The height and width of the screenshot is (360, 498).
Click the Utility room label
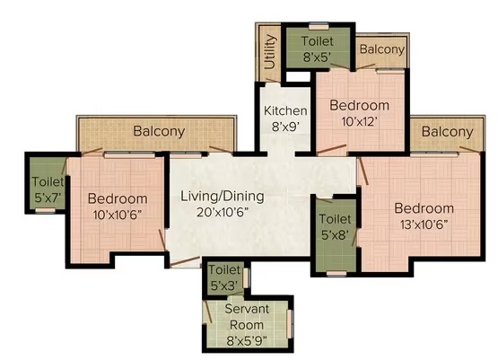[270, 51]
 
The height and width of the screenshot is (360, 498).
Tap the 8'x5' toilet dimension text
[318, 57]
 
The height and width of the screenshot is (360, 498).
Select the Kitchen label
[285, 111]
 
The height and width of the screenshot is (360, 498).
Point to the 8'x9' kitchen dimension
[285, 127]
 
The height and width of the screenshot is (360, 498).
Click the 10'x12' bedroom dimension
[360, 121]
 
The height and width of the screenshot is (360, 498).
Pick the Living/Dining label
[223, 197]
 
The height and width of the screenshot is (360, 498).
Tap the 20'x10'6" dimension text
[223, 212]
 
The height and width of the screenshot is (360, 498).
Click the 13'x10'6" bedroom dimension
[424, 225]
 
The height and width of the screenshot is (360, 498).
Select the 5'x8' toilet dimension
[336, 235]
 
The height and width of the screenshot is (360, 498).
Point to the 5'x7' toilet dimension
[48, 198]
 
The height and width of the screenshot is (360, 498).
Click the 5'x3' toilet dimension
[224, 286]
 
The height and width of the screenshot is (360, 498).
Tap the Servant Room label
[247, 317]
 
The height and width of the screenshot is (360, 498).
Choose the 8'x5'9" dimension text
[247, 341]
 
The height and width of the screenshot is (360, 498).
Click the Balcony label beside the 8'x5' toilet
[382, 49]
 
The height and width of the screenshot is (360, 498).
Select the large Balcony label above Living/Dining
[159, 131]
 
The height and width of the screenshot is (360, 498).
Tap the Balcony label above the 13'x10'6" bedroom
[448, 132]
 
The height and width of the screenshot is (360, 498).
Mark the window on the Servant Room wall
[289, 324]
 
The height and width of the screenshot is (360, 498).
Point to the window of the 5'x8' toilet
[336, 274]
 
